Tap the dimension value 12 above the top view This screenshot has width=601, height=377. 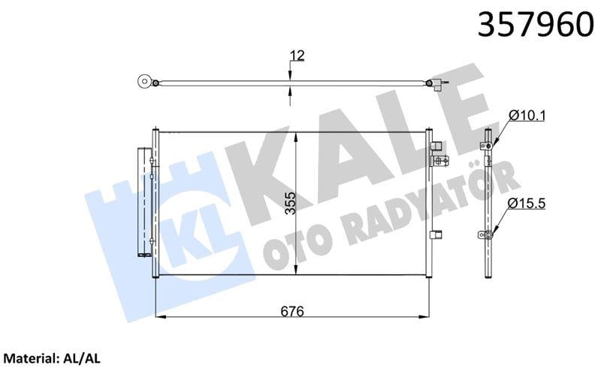click(x=297, y=55)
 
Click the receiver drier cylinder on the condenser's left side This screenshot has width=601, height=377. click(x=143, y=201)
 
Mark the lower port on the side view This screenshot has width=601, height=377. click(x=487, y=235)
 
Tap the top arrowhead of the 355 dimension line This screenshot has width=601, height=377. click(x=297, y=134)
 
